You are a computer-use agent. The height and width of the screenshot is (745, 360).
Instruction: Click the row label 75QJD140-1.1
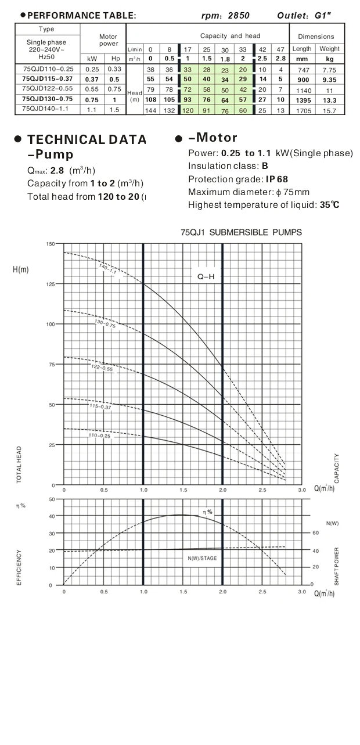(45, 109)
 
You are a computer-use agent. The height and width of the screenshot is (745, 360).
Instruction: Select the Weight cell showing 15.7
(329, 110)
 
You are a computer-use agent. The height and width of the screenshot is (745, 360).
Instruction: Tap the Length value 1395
(302, 100)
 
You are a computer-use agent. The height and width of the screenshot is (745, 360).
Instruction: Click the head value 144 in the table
(150, 110)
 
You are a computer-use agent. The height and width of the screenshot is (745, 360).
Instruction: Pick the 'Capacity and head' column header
(230, 36)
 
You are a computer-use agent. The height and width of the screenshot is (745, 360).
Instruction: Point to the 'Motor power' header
(108, 40)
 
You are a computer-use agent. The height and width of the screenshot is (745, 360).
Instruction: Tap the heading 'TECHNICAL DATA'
(87, 139)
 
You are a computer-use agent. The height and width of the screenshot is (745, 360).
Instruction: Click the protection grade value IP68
(277, 179)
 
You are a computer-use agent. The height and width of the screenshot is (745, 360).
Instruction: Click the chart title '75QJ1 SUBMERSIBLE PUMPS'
(241, 232)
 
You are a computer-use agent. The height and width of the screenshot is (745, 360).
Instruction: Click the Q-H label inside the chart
(206, 277)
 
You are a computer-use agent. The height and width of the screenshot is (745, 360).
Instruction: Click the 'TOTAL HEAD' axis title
(19, 465)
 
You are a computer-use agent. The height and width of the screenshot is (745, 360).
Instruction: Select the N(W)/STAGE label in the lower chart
(202, 558)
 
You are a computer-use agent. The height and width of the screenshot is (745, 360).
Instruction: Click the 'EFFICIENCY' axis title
(19, 567)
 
